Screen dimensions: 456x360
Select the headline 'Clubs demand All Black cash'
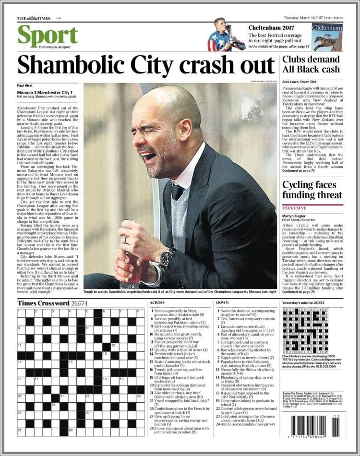click(x=311, y=64)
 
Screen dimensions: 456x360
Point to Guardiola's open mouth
click(x=149, y=156)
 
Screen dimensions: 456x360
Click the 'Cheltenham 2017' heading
click(x=272, y=27)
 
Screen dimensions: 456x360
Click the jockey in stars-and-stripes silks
click(x=221, y=35)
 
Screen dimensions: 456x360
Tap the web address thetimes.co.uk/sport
click(x=55, y=47)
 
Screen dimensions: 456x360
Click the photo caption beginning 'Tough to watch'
click(x=180, y=291)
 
